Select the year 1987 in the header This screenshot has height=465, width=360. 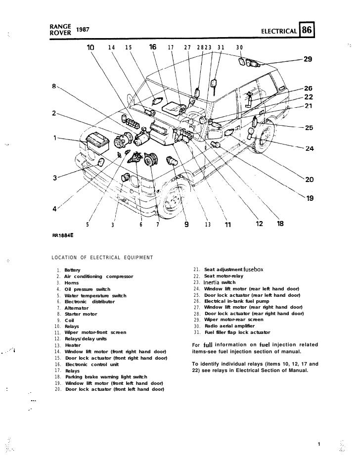tap(83, 31)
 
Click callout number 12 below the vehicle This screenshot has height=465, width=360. tap(260, 224)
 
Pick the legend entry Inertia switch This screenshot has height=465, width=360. tap(220, 282)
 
